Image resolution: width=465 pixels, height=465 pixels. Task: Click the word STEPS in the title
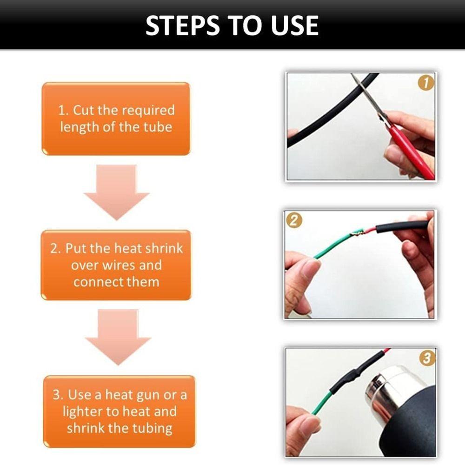coord(182,26)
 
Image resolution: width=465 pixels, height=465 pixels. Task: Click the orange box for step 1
coord(116,119)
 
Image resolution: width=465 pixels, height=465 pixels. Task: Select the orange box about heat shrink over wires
coord(116,265)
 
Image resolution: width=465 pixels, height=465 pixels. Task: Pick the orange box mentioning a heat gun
coord(119,412)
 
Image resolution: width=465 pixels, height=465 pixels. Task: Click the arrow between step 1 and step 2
coord(116,192)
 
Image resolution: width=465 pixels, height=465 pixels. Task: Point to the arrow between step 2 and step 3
coord(118,337)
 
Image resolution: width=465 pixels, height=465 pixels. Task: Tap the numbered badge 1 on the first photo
coord(425,83)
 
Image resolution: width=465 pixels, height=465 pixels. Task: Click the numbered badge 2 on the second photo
coord(293,220)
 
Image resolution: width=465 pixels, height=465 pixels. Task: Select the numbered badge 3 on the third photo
coord(427,358)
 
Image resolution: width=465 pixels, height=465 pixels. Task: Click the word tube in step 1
coord(158,127)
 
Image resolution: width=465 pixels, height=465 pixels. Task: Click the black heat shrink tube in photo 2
coord(402,226)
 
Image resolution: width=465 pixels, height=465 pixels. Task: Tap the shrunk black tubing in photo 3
coord(353,374)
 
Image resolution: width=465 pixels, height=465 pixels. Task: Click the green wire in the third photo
coord(321,403)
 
